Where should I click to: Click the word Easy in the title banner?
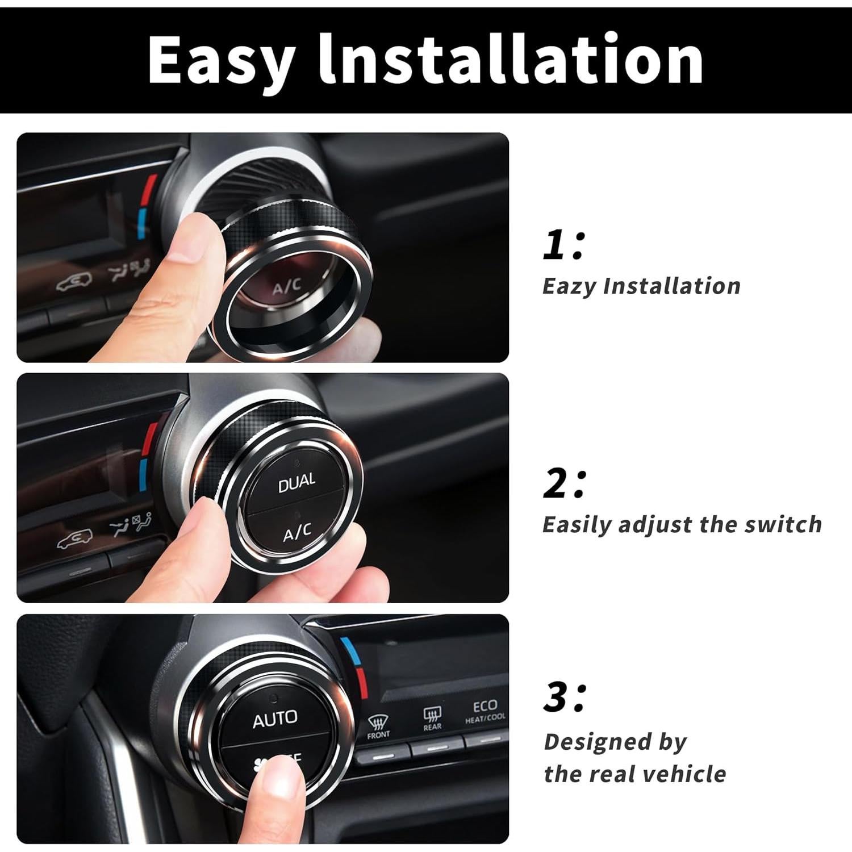tap(222, 60)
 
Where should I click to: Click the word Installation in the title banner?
tap(511, 59)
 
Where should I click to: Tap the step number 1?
tap(563, 245)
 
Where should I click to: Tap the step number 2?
tap(563, 485)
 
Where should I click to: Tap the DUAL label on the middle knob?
tap(296, 483)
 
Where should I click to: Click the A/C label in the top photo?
tap(287, 287)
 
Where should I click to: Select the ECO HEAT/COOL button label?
tap(485, 711)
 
